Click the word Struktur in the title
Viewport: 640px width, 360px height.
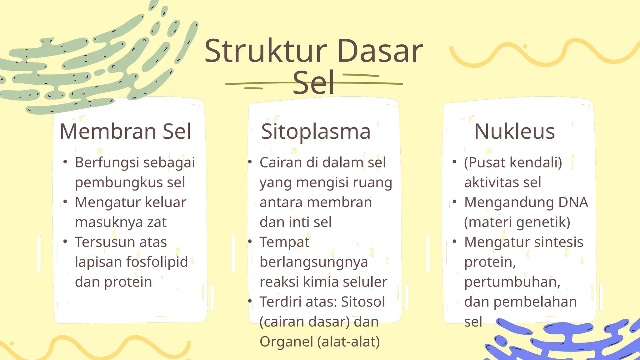(266, 51)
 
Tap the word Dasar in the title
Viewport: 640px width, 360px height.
(380, 51)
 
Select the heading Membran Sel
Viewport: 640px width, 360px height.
(125, 131)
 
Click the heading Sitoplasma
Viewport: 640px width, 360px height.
(316, 131)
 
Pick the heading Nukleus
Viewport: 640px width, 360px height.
(514, 131)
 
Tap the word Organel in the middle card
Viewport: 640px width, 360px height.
(286, 342)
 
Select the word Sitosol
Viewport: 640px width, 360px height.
(363, 302)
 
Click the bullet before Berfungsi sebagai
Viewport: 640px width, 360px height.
(65, 162)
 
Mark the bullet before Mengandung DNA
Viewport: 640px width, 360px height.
(454, 202)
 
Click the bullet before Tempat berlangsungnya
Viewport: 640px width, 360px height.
(250, 241)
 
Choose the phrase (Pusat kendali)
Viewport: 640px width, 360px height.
(513, 162)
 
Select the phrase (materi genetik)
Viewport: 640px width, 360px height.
(517, 222)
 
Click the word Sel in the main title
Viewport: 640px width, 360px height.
(313, 83)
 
